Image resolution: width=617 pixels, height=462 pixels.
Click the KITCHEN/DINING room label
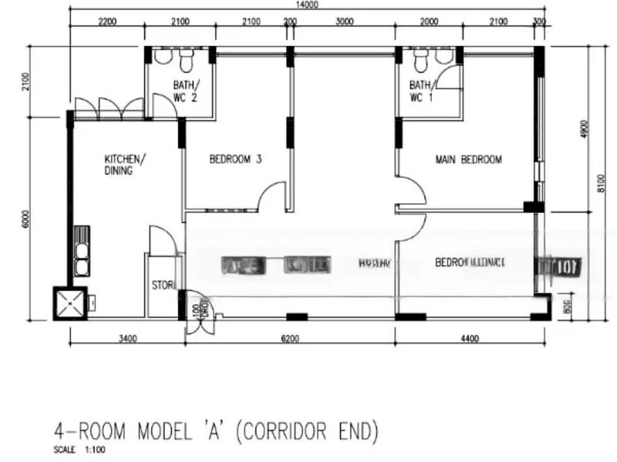click(x=122, y=165)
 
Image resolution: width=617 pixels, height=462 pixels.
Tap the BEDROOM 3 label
click(x=236, y=160)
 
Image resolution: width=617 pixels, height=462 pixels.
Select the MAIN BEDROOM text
click(x=469, y=160)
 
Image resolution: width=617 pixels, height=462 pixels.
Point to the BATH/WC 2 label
click(x=185, y=91)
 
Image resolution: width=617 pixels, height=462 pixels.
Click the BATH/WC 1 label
click(x=421, y=91)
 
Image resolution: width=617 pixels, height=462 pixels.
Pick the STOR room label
click(x=162, y=285)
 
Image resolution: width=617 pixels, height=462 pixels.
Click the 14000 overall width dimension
click(x=307, y=5)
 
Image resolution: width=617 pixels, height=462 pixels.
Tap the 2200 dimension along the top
click(x=107, y=21)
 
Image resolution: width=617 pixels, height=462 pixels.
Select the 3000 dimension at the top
click(x=344, y=21)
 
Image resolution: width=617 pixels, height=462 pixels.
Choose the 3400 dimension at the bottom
click(x=128, y=337)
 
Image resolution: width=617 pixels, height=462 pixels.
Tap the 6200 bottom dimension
click(x=290, y=337)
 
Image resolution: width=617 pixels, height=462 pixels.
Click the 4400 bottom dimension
click(x=470, y=337)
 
